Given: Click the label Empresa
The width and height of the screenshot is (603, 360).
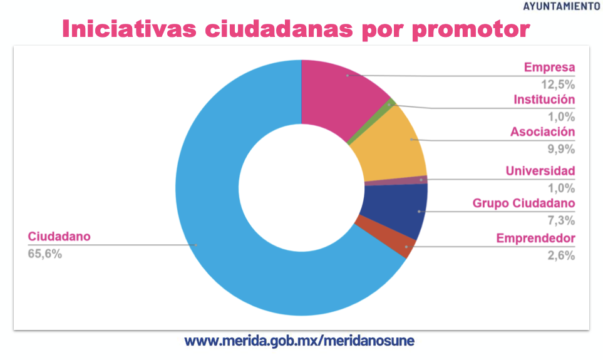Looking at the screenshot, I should coord(549,68).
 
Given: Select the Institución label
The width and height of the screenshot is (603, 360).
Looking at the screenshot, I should coord(544,100).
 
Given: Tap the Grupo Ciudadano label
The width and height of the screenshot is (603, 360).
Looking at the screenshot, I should coord(523,203).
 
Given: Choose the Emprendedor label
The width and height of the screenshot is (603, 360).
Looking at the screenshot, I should coord(535,238).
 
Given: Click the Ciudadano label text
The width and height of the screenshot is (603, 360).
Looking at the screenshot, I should coord(59,237).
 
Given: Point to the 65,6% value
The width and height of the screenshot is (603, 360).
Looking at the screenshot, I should coord(44,254).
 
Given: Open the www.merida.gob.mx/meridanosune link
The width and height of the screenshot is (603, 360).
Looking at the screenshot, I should coord(299,342).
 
